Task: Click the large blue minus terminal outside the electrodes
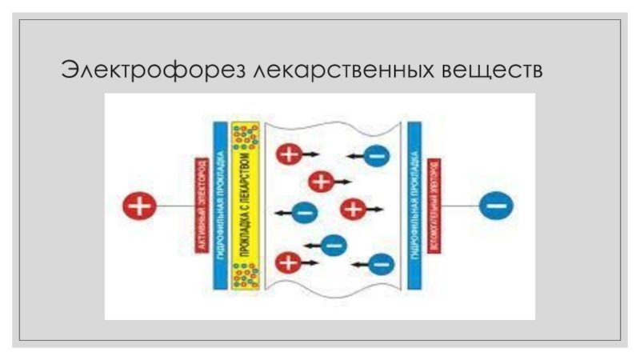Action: coord(496,206)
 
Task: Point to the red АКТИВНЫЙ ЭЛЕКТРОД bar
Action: coord(201,206)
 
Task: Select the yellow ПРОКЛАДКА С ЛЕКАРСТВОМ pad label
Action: coord(246,206)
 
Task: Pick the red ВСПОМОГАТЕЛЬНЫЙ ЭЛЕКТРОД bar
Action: coord(434,206)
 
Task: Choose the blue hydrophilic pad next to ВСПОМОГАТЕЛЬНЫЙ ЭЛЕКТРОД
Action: coord(414,206)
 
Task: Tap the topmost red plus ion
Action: coord(288,154)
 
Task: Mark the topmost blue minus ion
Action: coord(376,156)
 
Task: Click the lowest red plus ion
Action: coord(287,262)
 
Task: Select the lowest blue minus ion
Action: coord(382,262)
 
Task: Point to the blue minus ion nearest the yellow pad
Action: coord(303,213)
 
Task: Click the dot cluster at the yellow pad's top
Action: coord(246,137)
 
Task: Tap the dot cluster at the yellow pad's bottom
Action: coord(246,274)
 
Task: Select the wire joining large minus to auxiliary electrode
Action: coord(460,206)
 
